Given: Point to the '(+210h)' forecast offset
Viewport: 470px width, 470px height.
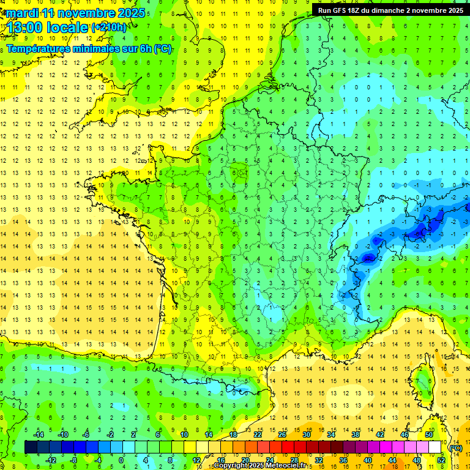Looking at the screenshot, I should click(x=110, y=28).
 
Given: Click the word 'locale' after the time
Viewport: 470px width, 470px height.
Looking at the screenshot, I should click(x=69, y=28).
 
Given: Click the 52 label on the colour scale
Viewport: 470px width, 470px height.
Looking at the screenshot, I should click(x=441, y=460).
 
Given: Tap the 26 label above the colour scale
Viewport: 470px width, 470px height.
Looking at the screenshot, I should click(x=282, y=435).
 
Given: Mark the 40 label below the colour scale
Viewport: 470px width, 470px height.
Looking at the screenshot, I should click(x=367, y=460).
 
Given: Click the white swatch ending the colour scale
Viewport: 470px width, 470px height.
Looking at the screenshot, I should click(x=435, y=447).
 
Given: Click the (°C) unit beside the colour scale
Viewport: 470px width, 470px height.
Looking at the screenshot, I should click(x=456, y=447).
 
